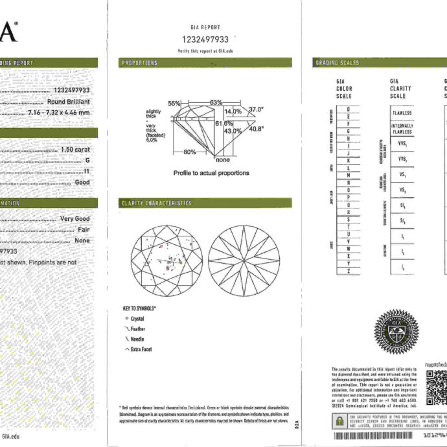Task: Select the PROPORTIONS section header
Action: click(139, 63)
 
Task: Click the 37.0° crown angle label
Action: click(257, 109)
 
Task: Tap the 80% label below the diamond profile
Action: click(190, 152)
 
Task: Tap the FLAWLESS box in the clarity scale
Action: click(402, 113)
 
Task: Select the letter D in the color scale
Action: click(349, 109)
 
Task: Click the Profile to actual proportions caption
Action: click(211, 173)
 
